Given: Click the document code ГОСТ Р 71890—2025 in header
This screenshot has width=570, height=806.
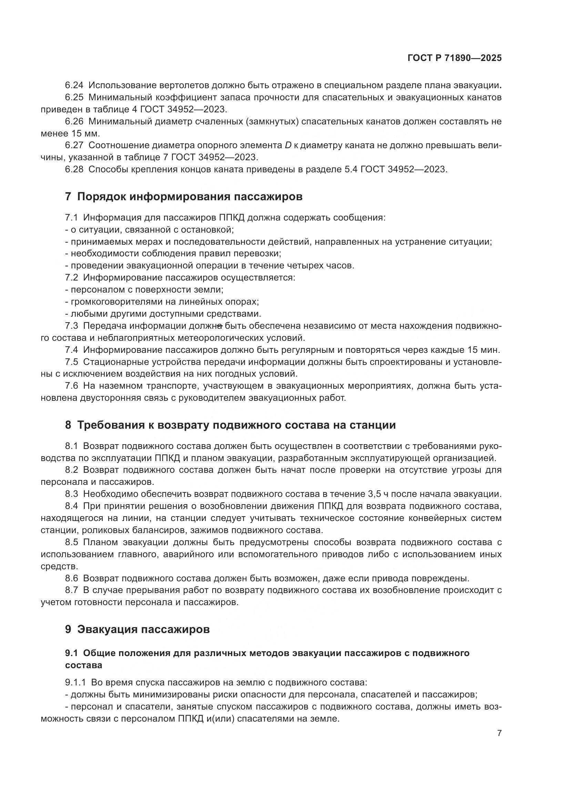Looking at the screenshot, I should click(x=455, y=58).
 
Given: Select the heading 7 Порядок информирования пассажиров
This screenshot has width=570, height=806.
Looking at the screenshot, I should click(x=184, y=196).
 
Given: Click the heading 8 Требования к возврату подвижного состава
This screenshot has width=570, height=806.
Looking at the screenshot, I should click(x=230, y=425).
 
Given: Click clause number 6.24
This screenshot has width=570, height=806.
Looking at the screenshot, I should click(x=74, y=85).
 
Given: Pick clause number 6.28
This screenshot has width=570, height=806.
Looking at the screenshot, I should click(x=74, y=169).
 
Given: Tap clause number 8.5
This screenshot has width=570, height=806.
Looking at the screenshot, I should click(x=72, y=542).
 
